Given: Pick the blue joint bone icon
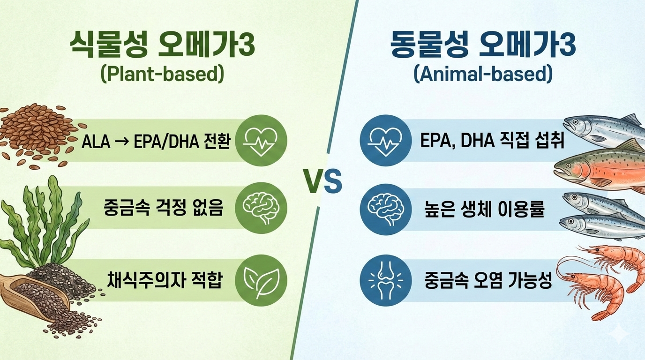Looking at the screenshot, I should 384,280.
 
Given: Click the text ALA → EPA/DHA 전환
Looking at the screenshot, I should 156,141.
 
